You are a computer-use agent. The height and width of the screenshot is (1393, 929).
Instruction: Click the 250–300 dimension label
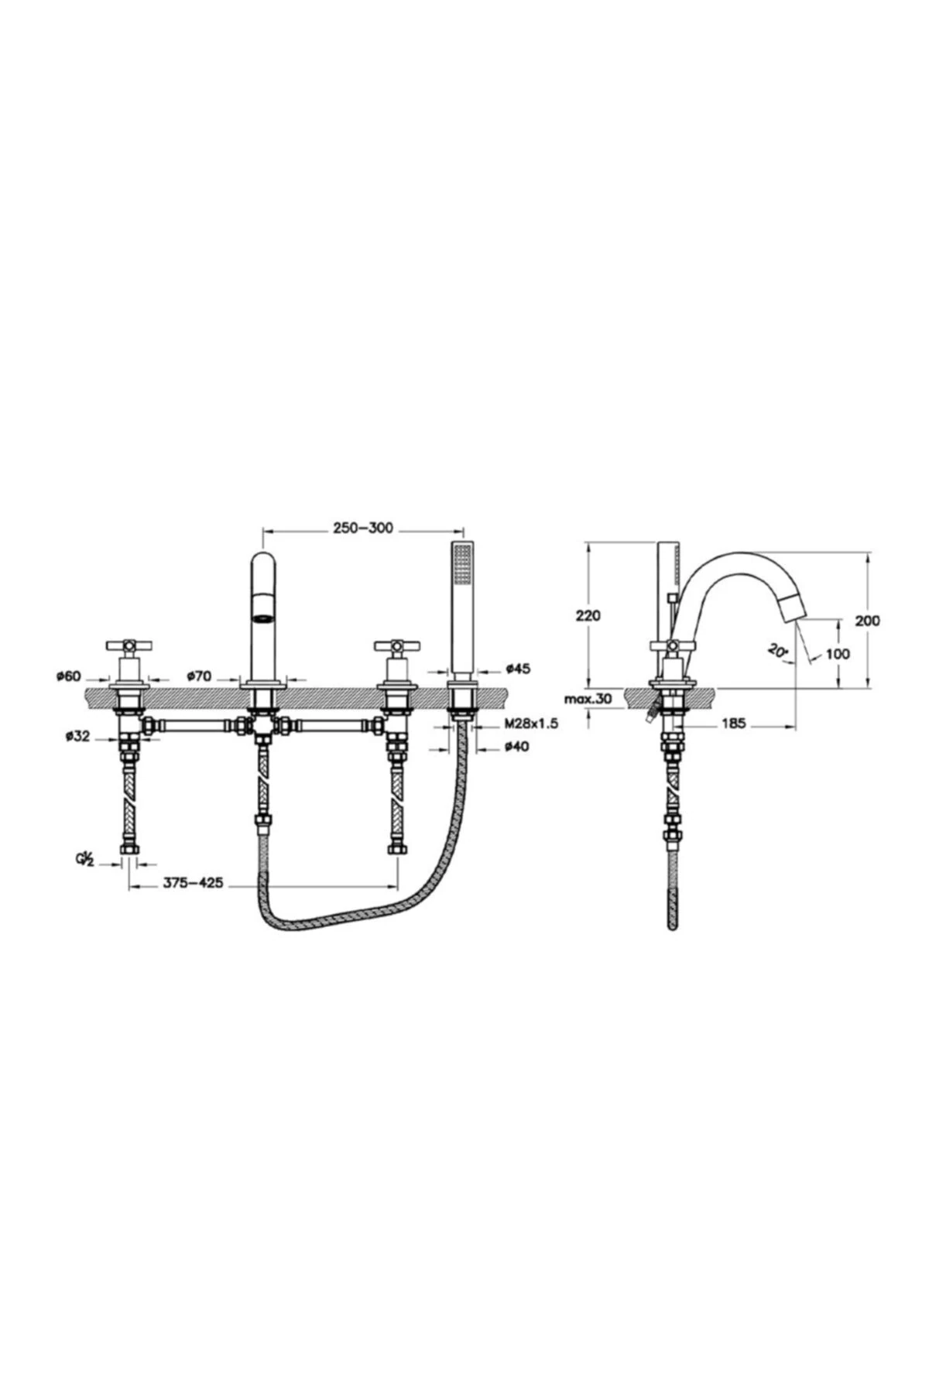(x=363, y=529)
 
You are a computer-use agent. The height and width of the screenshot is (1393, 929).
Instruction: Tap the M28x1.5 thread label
(x=530, y=724)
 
